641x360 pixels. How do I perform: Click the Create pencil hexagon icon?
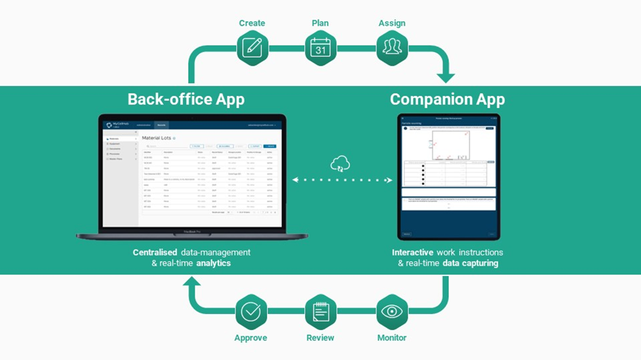point(252,48)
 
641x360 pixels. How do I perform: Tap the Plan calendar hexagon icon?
point(320,48)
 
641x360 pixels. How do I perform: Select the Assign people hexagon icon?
point(391,48)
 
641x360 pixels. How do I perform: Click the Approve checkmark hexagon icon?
point(250,312)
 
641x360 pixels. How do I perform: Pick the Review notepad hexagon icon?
point(321,312)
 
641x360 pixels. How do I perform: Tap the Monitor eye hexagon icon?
point(391,312)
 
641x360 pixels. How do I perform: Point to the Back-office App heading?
point(186,100)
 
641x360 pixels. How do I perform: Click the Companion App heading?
point(447,100)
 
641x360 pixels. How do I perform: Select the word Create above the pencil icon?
point(252,23)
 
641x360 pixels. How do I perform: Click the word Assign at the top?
point(391,23)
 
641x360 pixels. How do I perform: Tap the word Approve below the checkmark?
point(250,338)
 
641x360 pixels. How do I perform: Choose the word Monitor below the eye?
point(391,338)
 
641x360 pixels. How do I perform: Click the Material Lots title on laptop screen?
point(157,138)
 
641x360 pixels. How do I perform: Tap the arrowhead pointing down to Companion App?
point(446,78)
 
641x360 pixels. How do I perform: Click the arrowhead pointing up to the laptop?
point(193,283)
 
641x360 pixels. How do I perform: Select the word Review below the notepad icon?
point(320,338)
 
